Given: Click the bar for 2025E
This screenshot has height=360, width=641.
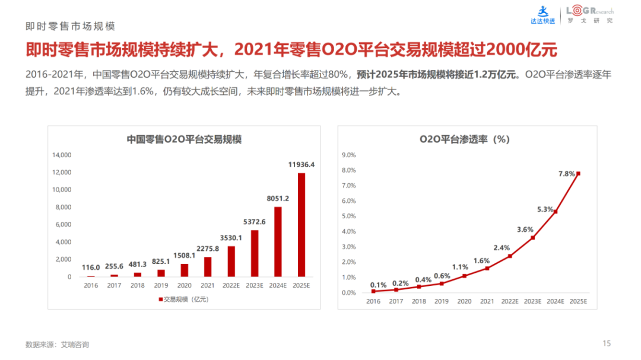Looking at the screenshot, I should coord(302,225).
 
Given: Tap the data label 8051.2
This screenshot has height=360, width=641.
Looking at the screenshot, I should coord(278,198).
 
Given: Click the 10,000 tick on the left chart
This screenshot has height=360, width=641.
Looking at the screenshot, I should coord(62,190).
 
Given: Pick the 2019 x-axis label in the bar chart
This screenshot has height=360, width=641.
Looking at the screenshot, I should coord(161,285).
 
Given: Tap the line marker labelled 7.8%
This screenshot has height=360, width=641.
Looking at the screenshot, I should coord(578,173).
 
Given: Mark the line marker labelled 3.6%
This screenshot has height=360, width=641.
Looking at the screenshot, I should coord(533,238).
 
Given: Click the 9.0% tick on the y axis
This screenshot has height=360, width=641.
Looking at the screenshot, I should coord(348,155).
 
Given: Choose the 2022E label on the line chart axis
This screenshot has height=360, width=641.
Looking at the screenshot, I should coord(510,302).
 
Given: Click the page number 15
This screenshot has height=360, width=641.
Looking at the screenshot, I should coord(607,343).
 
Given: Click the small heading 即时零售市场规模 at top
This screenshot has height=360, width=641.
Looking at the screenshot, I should coord(70,27).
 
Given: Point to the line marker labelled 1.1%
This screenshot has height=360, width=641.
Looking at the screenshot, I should coord(465,276).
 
